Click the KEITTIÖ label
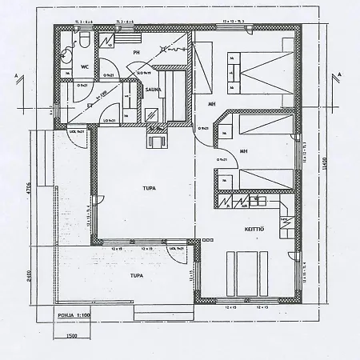click(255, 230)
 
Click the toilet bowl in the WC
click(84, 40)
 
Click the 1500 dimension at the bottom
click(72, 337)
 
